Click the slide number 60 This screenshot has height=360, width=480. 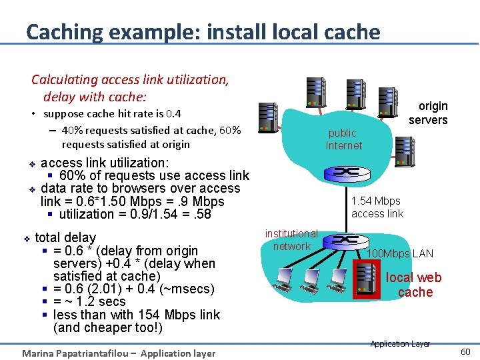click(x=465, y=351)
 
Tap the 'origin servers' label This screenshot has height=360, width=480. click(x=429, y=113)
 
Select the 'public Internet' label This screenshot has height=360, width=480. click(x=343, y=139)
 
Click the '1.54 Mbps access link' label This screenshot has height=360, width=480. click(x=377, y=207)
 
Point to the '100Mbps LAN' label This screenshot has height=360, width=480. click(x=401, y=253)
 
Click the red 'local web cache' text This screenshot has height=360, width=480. click(x=414, y=285)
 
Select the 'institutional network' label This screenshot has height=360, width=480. click(x=291, y=239)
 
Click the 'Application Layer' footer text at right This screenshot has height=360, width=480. click(x=400, y=344)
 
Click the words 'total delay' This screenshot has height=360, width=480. click(x=65, y=237)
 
